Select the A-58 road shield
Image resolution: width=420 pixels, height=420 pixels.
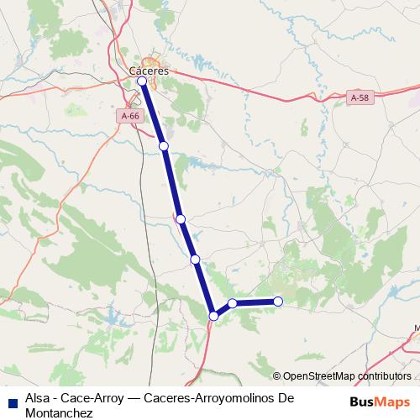pos(359,98)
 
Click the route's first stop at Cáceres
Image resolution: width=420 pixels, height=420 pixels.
pos(143,81)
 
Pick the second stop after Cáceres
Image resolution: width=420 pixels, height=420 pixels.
pos(164,146)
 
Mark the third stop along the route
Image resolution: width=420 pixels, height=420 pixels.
pos(180,218)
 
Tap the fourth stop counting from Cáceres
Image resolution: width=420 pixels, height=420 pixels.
pos(195,260)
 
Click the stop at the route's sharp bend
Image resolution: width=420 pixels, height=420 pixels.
pos(214,316)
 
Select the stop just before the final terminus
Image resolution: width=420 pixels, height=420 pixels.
pos(232,303)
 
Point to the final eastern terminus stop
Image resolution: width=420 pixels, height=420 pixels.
pos(278,302)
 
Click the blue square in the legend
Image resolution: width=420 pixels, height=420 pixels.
pos(13,399)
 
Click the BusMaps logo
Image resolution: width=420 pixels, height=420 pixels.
pos(381,401)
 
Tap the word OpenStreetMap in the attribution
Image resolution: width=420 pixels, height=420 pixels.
pos(320,376)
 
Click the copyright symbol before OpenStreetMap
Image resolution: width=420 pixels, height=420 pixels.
pos(276,376)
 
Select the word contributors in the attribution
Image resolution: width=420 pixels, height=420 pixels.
pos(385,376)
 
